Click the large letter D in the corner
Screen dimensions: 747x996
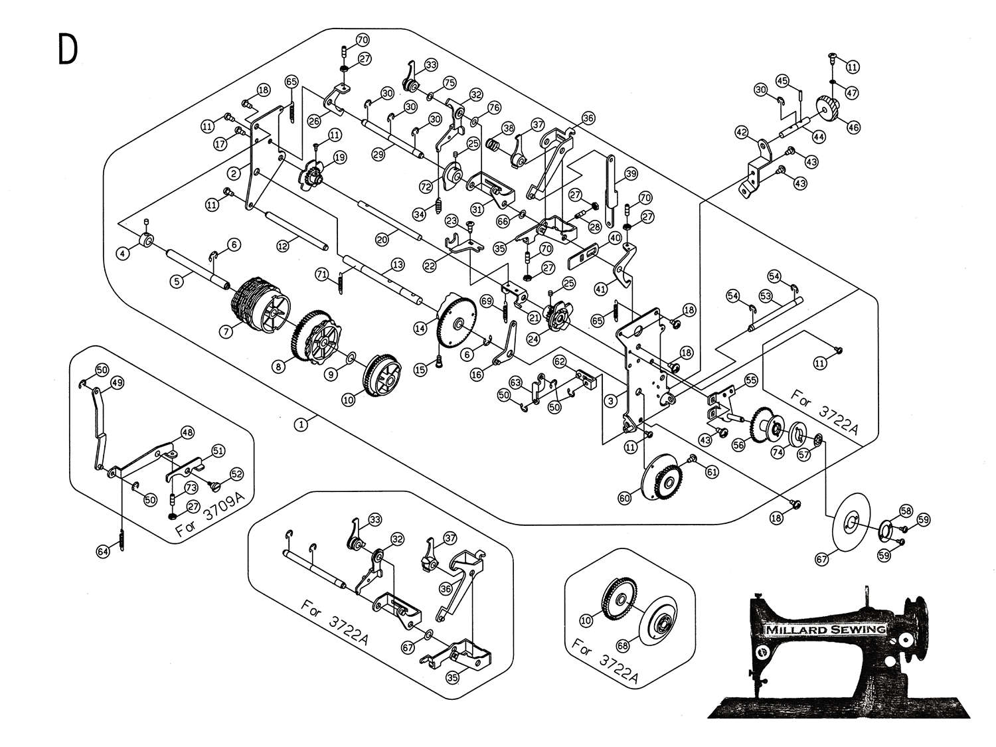67,49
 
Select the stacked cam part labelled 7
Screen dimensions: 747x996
260,306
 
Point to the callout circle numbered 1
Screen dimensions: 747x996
302,423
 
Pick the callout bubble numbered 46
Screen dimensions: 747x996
853,127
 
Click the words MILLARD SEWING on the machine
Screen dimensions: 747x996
825,629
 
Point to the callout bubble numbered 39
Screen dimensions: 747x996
630,173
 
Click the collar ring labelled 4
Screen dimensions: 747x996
147,240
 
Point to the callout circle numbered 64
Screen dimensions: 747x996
102,551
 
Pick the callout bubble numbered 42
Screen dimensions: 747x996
741,133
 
